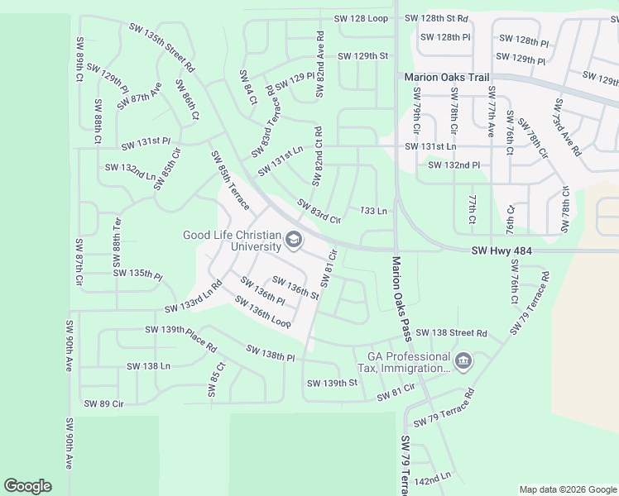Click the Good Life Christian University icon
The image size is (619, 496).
click(x=293, y=241)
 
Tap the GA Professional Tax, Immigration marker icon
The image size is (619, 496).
click(x=463, y=360)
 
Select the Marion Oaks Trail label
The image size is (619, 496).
click(x=446, y=78)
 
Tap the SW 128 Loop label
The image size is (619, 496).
click(x=361, y=18)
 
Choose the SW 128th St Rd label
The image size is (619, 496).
click(x=436, y=18)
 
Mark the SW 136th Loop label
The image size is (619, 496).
click(x=263, y=312)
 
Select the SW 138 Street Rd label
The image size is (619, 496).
click(x=451, y=333)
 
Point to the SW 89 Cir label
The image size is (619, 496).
click(x=103, y=403)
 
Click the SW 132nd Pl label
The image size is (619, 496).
click(x=454, y=165)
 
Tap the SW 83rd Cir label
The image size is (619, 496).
click(x=319, y=212)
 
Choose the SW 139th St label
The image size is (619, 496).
click(x=332, y=383)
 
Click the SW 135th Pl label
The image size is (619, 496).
click(x=137, y=273)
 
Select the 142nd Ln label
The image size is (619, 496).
click(x=433, y=477)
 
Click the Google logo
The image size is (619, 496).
click(x=27, y=486)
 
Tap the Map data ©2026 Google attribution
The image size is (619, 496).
click(x=567, y=489)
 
